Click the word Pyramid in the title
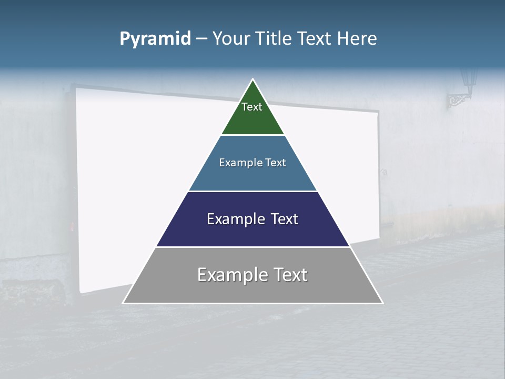point(155,39)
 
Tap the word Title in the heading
point(275,38)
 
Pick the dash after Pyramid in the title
point(201,39)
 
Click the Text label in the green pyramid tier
point(252,107)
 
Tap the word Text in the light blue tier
point(276,163)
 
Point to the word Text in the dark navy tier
point(284,219)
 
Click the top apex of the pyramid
point(253,79)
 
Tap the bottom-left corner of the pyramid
point(123,303)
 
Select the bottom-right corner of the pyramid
point(382,303)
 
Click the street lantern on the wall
point(469,77)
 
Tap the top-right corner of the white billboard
point(378,112)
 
